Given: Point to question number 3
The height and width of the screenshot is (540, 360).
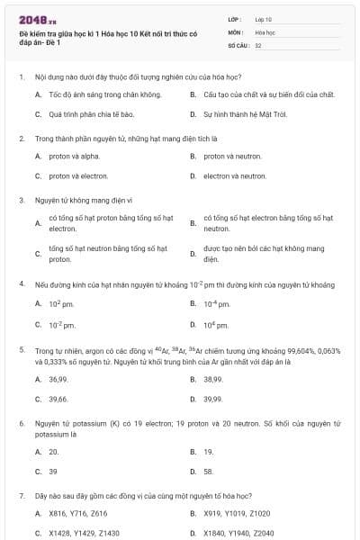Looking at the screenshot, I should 21,200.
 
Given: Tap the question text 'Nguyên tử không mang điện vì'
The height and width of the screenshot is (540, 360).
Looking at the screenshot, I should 83,200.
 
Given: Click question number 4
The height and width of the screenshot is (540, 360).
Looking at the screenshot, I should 21,283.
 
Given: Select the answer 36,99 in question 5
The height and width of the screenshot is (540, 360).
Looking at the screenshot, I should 58,379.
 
